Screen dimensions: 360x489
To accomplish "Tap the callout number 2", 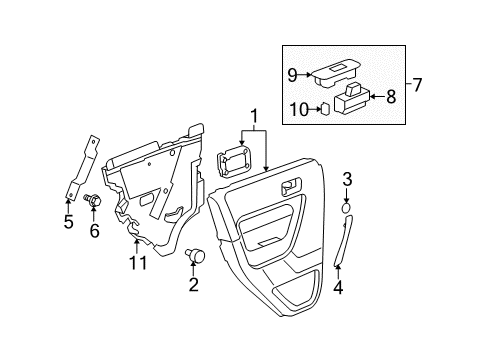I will (193, 286).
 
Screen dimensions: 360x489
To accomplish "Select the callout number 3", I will (346, 180).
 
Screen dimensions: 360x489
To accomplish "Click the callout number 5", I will (68, 221).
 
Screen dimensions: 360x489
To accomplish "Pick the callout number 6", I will (95, 231).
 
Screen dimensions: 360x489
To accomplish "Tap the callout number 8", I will (391, 97).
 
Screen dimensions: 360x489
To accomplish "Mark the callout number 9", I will (293, 73).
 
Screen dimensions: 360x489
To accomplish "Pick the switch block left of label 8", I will (353, 98).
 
